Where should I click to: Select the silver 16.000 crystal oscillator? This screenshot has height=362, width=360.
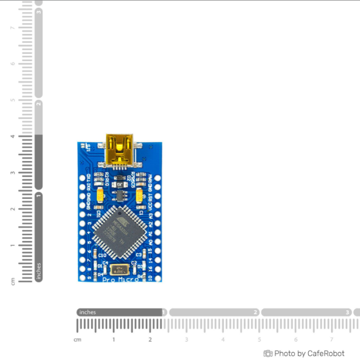(118, 270)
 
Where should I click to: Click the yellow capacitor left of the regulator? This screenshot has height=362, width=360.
(100, 195)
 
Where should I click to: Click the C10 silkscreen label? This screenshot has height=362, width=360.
(102, 255)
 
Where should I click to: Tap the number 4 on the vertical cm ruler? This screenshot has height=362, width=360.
(12, 136)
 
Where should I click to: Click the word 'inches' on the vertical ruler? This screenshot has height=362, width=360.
(38, 270)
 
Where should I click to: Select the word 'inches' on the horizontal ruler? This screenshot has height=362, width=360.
(88, 313)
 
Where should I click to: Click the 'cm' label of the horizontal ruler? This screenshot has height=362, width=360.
(77, 339)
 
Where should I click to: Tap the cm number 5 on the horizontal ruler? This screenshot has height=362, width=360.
(259, 339)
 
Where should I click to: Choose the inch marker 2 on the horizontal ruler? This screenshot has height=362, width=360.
(256, 313)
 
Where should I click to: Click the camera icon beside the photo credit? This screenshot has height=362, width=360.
(268, 354)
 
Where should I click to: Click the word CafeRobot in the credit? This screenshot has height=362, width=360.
(326, 354)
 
